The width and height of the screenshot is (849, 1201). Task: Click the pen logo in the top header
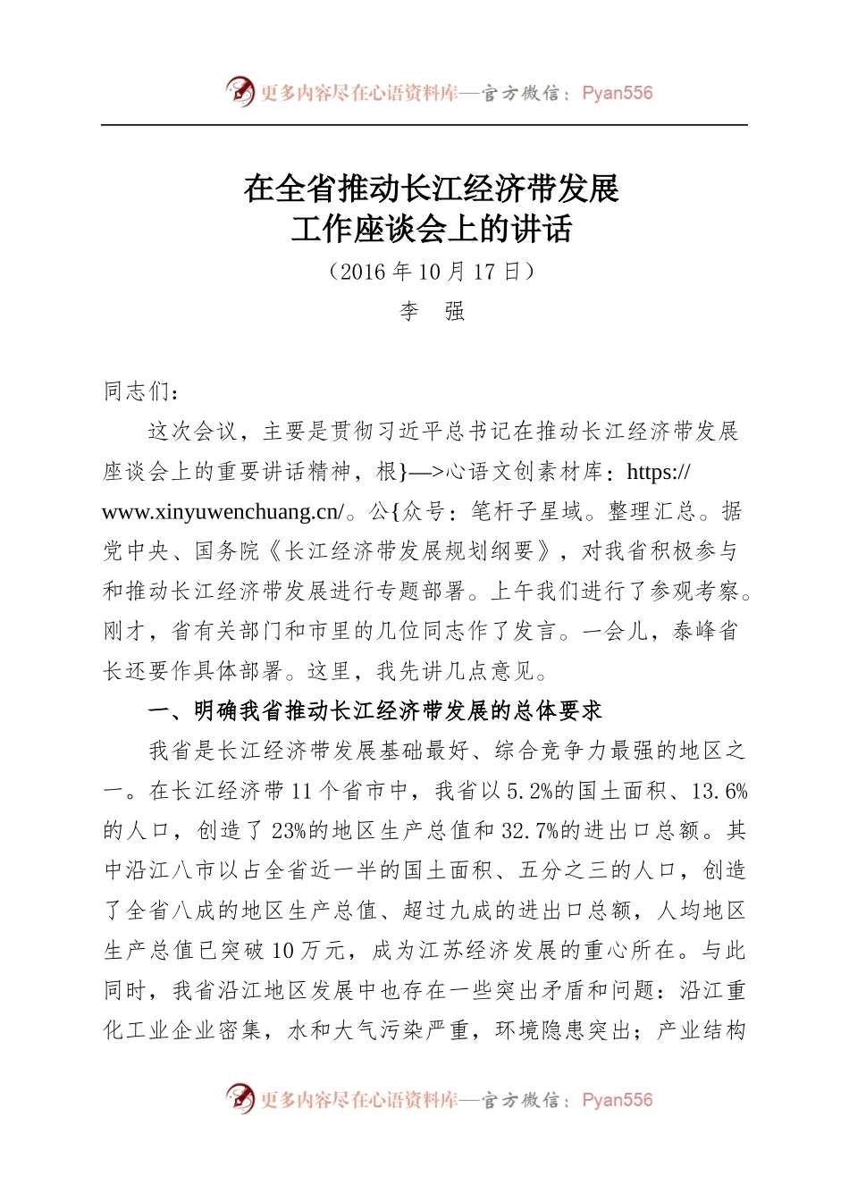click(x=240, y=92)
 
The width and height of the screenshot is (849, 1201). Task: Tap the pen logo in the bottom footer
click(x=240, y=1099)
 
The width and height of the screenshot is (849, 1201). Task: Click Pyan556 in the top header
click(x=617, y=93)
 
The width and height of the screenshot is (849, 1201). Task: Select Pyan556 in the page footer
click(x=617, y=1100)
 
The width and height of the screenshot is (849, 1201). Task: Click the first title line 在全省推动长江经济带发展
click(x=432, y=189)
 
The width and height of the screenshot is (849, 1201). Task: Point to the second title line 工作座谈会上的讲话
click(x=432, y=230)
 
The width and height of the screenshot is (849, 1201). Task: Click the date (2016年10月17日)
click(x=432, y=272)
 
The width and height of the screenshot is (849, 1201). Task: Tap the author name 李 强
click(x=432, y=311)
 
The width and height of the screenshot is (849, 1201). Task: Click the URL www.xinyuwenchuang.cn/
click(x=223, y=512)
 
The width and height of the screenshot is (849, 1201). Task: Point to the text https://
click(x=660, y=472)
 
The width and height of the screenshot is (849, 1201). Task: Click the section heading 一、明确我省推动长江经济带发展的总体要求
click(x=374, y=711)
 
